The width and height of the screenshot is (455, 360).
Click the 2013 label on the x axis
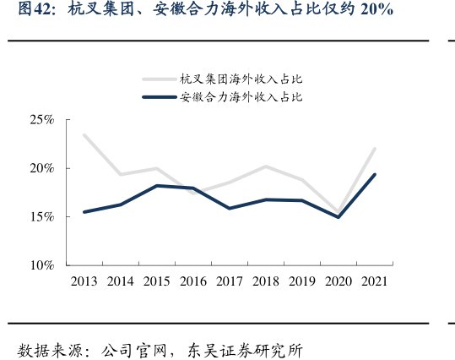pyautogui.click(x=84, y=281)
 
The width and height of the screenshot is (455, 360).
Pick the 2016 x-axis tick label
pyautogui.click(x=193, y=281)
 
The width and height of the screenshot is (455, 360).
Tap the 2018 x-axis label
pyautogui.click(x=266, y=281)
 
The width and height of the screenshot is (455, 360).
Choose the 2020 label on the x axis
pyautogui.click(x=339, y=281)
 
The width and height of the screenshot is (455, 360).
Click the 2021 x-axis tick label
pyautogui.click(x=375, y=281)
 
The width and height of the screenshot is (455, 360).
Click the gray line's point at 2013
pyautogui.click(x=84, y=135)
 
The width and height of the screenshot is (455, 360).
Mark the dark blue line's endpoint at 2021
pyautogui.click(x=375, y=175)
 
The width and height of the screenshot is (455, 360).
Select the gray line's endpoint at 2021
pyautogui.click(x=375, y=149)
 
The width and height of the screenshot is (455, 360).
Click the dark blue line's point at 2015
pyautogui.click(x=157, y=186)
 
